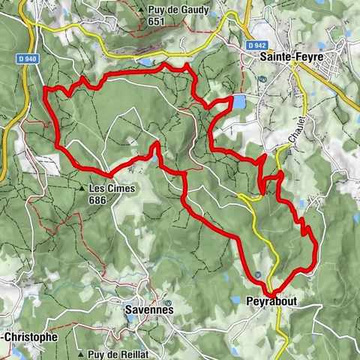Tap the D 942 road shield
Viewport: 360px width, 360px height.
point(257,46)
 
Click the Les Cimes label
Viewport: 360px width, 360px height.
point(112,188)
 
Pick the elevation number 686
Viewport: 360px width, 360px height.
point(112,200)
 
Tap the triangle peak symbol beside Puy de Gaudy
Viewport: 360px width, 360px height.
point(141,10)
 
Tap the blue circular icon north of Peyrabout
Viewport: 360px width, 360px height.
point(257,274)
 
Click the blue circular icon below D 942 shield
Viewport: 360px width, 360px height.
point(262,78)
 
